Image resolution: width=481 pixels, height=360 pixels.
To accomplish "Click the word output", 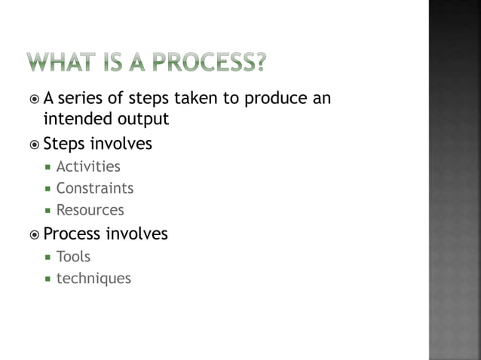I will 140,119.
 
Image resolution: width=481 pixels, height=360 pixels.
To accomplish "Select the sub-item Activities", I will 88,166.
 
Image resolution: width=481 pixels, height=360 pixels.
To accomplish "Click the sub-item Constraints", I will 94,188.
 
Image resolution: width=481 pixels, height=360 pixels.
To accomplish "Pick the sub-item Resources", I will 90,210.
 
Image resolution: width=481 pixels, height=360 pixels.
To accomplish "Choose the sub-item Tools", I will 73,257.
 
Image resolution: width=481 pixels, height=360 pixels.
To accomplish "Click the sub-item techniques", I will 93,279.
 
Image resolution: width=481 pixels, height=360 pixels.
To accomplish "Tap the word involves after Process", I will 136,234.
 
